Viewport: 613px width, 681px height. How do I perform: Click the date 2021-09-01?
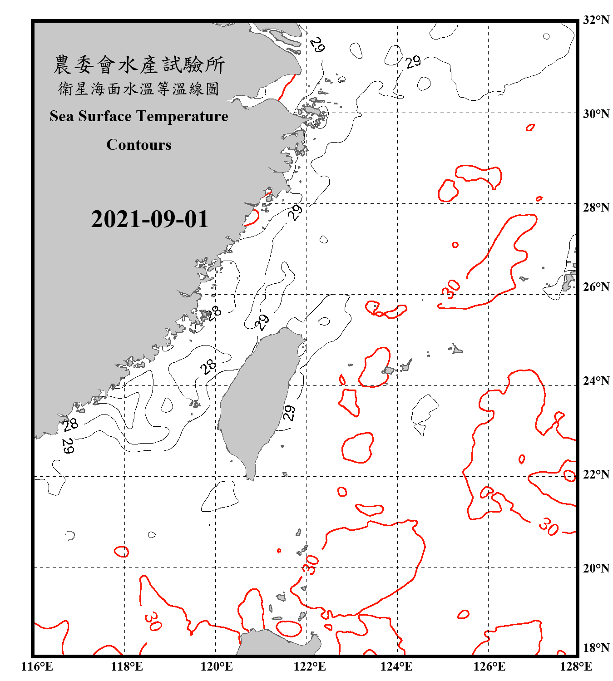tap(149, 219)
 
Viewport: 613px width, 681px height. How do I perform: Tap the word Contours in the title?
tap(139, 145)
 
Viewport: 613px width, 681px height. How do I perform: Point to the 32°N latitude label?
tap(596, 20)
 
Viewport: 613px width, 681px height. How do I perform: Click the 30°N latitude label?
tap(596, 113)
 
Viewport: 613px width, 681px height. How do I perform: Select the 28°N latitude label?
tap(596, 207)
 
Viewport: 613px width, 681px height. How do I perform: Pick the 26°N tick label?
tap(596, 287)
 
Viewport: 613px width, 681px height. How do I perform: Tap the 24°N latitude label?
tap(596, 380)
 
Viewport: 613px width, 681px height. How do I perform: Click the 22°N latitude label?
tap(596, 474)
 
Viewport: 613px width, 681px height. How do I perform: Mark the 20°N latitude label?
tap(596, 568)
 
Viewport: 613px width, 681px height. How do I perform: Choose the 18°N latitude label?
tap(596, 648)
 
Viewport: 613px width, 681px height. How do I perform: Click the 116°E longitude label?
tap(37, 666)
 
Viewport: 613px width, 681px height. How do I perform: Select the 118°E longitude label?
tap(127, 666)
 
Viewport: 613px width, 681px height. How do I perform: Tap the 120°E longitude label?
tap(217, 666)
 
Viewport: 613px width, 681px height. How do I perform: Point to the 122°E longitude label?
tap(310, 666)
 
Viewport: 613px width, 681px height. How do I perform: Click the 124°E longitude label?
tap(397, 666)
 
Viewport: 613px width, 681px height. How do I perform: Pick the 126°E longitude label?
tap(489, 666)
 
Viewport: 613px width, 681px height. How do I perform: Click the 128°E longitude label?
tap(576, 666)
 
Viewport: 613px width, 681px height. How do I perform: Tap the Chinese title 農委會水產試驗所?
tap(139, 65)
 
